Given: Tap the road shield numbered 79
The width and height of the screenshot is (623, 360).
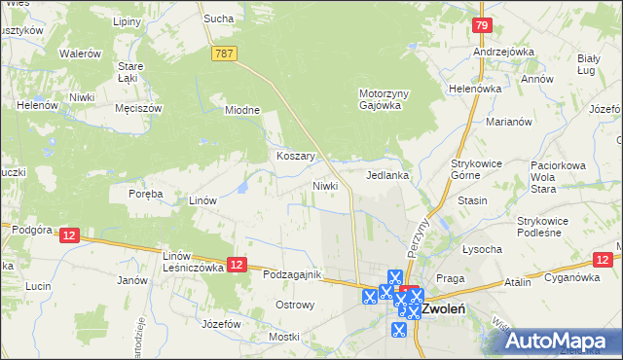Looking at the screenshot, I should click(481, 26).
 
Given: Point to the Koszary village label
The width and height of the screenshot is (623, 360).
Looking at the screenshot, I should click(294, 156).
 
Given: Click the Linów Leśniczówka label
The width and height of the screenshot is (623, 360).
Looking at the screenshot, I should click(187, 261).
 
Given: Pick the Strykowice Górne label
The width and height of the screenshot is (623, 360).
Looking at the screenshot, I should click(475, 169).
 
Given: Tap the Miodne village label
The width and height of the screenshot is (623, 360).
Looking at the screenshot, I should click(242, 110).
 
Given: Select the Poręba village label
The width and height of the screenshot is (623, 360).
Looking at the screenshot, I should click(146, 194).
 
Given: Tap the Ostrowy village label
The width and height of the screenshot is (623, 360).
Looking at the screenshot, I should click(295, 306).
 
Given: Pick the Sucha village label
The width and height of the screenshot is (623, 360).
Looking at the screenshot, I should click(217, 18).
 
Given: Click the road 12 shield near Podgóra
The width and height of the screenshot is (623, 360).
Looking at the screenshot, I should click(68, 235).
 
